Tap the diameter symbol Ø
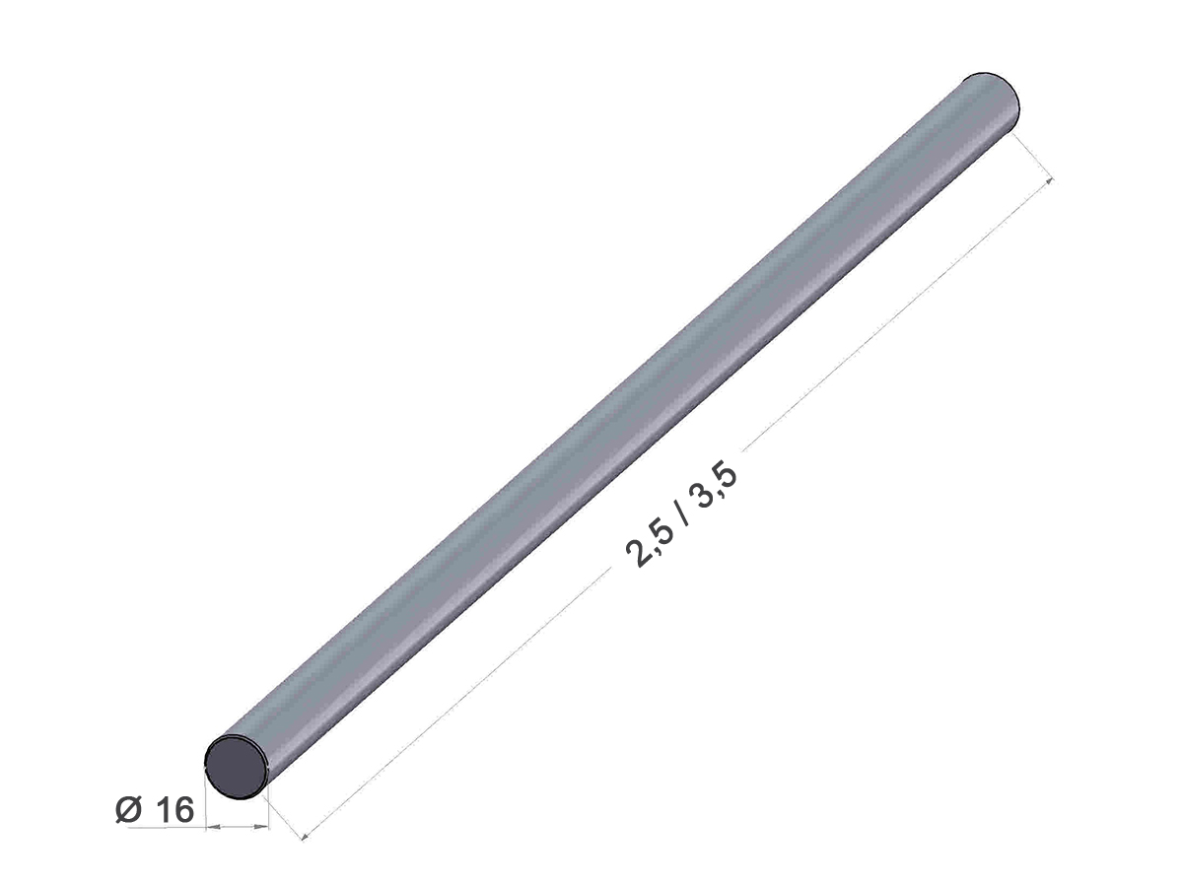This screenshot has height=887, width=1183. click(x=129, y=825)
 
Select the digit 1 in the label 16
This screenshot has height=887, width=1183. click(x=163, y=825)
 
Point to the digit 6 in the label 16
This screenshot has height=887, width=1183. click(x=183, y=825)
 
